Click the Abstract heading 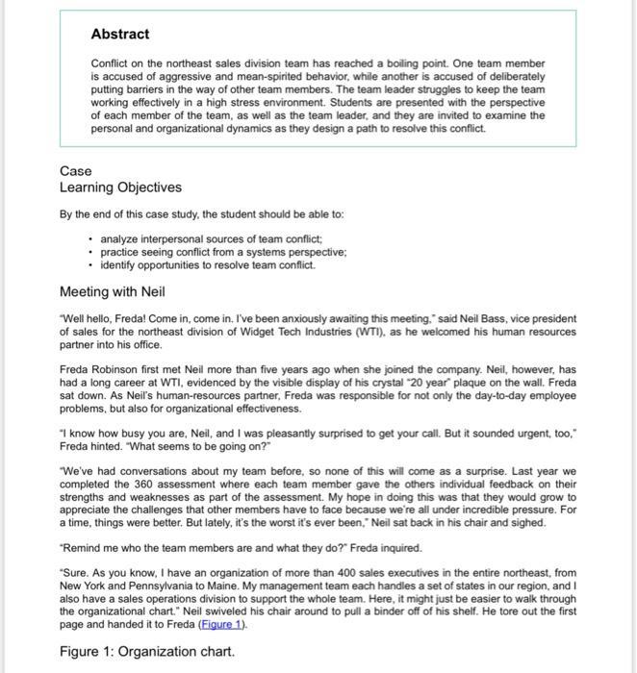(119, 35)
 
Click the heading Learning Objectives (120, 187)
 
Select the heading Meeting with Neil (113, 291)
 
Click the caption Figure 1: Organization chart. (146, 652)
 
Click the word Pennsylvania (153, 585)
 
